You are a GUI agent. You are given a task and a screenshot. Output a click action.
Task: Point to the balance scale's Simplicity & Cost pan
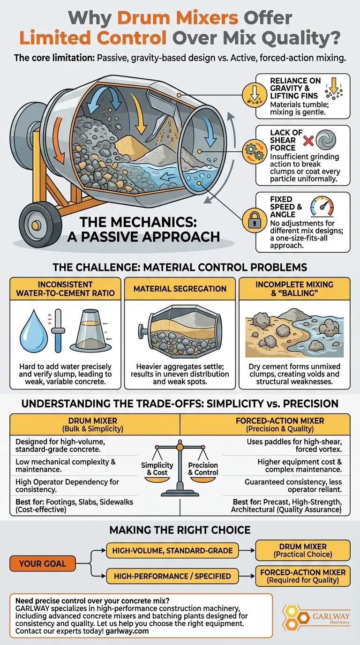pos(157,468)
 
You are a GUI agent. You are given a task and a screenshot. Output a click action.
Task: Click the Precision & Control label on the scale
pos(203,469)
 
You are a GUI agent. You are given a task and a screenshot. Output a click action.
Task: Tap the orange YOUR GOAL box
pos(42,563)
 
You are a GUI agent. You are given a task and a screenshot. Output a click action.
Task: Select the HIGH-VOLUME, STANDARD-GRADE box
pos(172,550)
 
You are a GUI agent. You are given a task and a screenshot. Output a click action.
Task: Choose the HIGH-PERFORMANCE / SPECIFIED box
pos(172,576)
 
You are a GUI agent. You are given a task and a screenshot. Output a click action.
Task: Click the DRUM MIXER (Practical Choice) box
pos(302,550)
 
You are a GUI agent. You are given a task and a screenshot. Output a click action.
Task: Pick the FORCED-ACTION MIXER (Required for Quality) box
pos(302,576)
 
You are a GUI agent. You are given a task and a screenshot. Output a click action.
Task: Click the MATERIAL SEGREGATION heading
pos(180,289)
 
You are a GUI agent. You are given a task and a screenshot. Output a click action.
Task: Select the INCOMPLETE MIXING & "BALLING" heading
pos(294,289)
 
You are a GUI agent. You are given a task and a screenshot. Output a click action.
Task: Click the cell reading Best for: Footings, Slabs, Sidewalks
pos(75,506)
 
